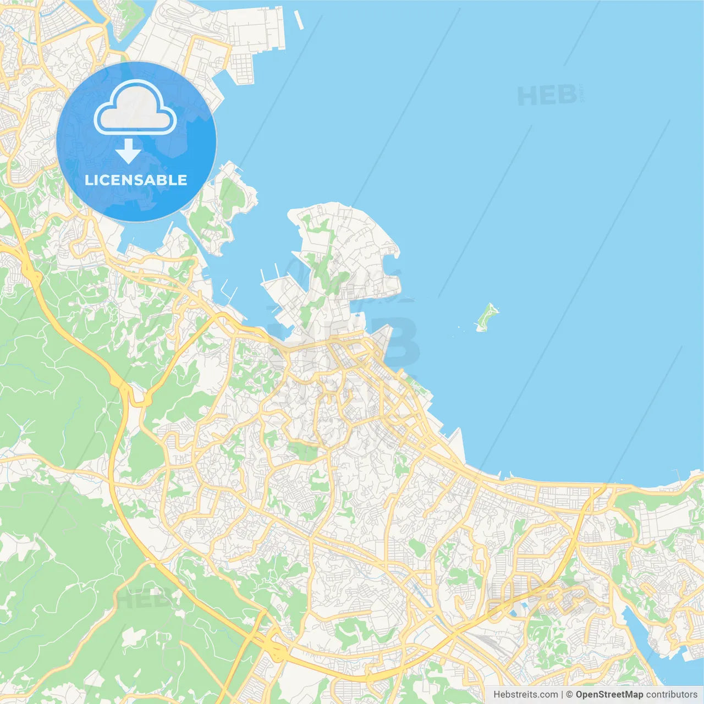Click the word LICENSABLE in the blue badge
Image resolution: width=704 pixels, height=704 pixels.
[136, 180]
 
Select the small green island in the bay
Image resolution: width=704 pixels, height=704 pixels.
[486, 317]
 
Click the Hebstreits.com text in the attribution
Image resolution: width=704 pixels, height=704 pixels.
[525, 695]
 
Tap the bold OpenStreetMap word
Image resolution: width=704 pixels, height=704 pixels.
[609, 695]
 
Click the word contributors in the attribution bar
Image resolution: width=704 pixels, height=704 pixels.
[672, 695]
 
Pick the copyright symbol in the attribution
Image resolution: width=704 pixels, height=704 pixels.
[569, 695]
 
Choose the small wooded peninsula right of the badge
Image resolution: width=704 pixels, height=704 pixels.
[223, 209]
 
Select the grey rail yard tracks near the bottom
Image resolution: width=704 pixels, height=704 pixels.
[490, 643]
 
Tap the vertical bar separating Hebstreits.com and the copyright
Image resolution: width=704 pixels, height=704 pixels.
[562, 695]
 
